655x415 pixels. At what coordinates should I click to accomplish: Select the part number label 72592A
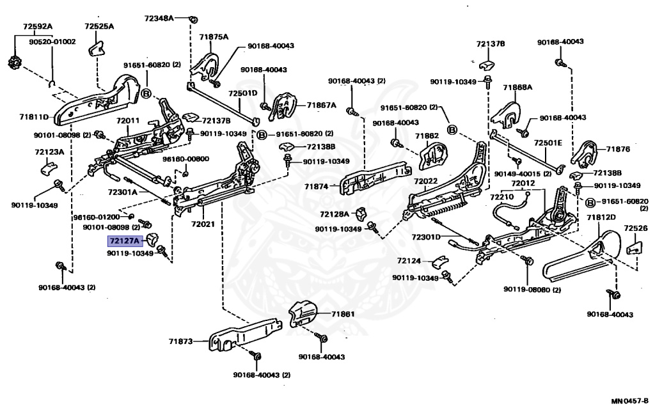[38, 27]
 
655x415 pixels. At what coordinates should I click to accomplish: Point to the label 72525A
[99, 27]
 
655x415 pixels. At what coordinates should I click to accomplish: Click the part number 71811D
[33, 117]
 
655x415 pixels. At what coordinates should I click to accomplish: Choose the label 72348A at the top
[158, 19]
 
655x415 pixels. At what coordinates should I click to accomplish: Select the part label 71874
[316, 186]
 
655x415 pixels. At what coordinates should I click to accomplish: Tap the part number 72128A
[335, 214]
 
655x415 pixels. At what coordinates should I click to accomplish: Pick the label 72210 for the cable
[501, 198]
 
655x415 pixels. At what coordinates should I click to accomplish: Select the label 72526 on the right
[635, 228]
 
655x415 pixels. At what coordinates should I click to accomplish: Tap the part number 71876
[619, 149]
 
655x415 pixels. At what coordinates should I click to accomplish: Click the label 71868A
[517, 87]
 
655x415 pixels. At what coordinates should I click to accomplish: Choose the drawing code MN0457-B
[629, 402]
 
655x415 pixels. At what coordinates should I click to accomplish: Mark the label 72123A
[49, 152]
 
